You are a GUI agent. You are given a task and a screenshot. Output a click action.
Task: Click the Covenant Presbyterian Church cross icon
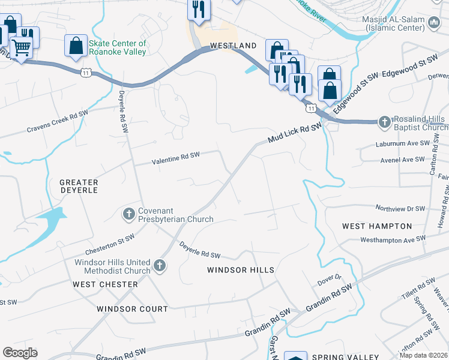coord(129,213)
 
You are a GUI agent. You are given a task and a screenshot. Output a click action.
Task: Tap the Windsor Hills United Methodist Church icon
coord(159,265)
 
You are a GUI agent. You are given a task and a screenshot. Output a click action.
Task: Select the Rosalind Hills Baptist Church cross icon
coord(385,122)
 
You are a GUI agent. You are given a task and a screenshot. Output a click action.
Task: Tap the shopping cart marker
coord(22,47)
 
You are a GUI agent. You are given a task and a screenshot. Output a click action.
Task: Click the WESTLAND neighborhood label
coord(233,46)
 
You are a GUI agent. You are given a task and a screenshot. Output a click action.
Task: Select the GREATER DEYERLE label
coord(79,187)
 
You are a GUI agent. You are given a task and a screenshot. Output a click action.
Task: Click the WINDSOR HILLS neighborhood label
coord(241,270)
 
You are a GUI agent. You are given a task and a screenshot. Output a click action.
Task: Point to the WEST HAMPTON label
coord(377,226)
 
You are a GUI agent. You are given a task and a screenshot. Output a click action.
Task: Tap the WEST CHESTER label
coord(105,284)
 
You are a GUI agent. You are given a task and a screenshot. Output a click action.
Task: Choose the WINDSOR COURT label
coord(132,309)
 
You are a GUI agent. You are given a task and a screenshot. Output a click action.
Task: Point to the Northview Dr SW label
coord(400,209)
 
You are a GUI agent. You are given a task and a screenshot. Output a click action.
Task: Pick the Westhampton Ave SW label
coord(393,239)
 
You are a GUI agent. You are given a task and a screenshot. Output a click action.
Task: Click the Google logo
coord(20,353)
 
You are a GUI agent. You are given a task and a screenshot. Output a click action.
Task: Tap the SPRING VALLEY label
coord(339,356)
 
